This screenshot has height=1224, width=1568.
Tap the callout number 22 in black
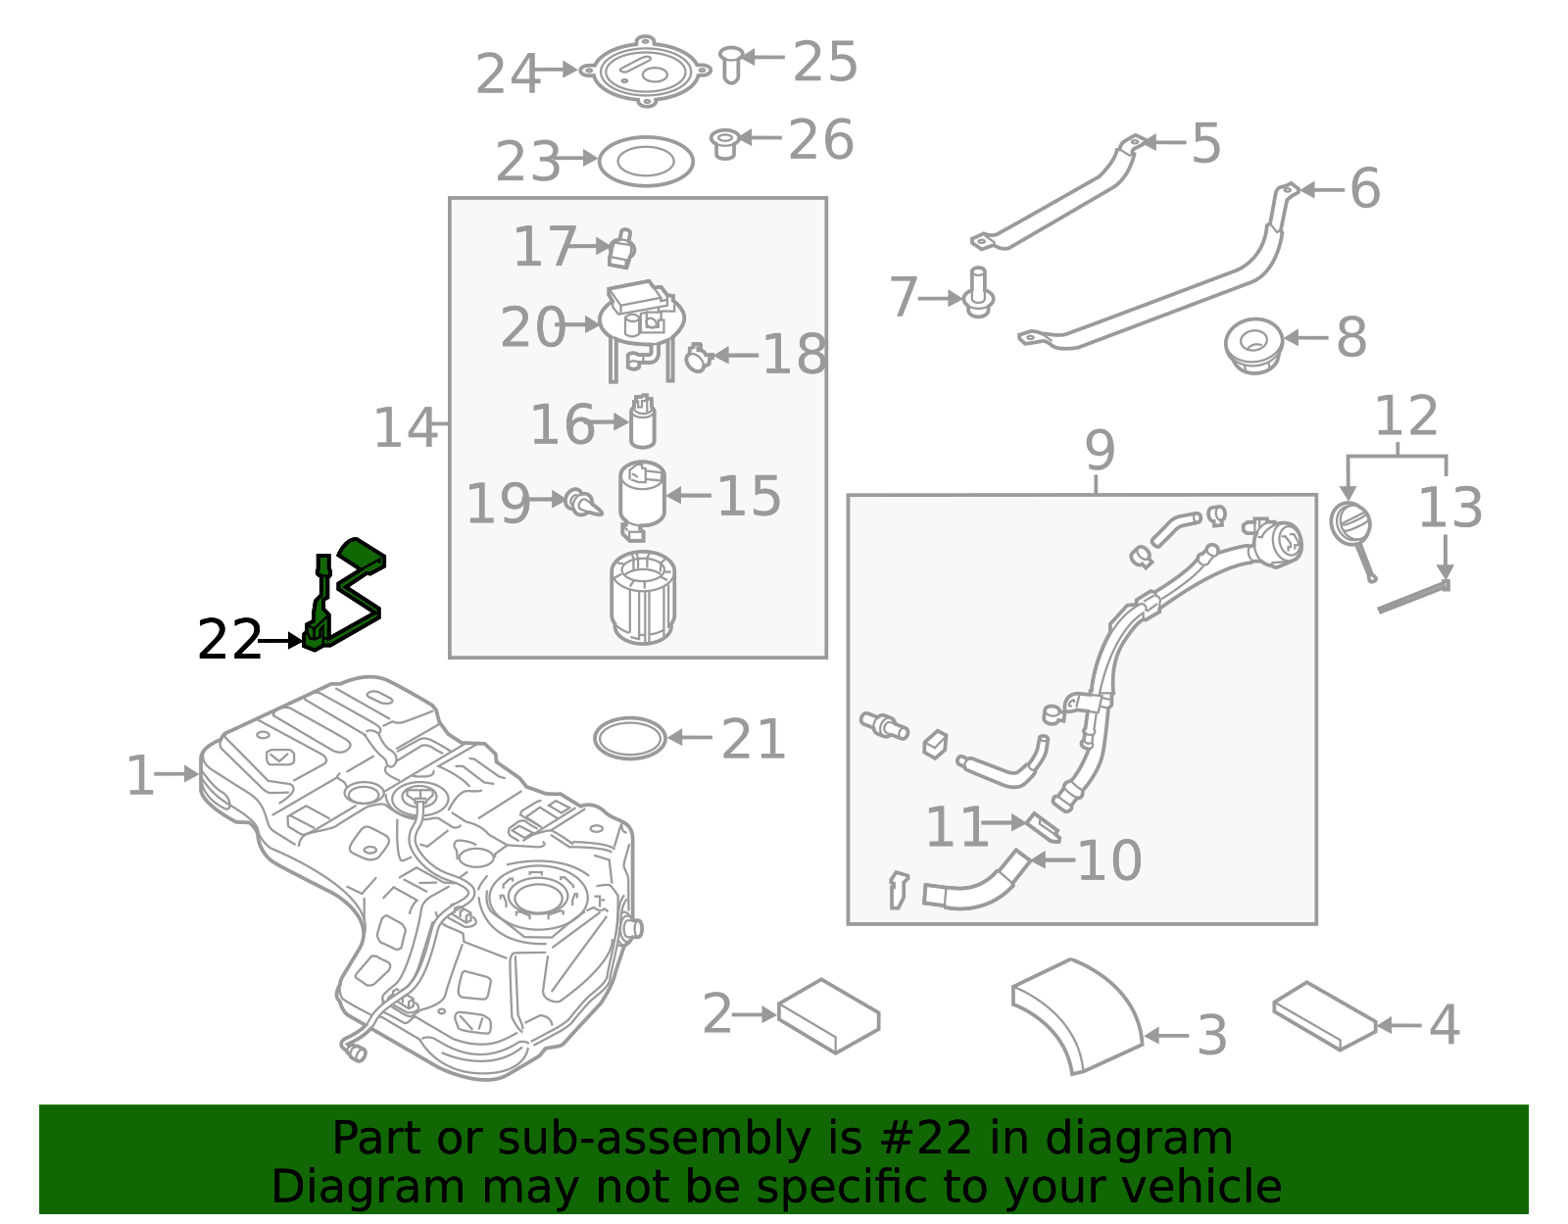[x=229, y=640]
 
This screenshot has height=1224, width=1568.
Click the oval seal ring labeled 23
[x=646, y=161]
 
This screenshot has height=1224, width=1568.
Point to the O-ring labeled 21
[x=630, y=738]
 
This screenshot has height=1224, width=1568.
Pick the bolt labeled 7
[x=979, y=294]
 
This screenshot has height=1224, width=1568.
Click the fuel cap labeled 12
[x=1350, y=524]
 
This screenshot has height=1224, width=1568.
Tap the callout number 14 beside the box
[x=404, y=428]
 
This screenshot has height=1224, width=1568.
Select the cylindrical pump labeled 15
[x=642, y=495]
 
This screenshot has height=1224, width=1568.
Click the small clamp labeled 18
[x=697, y=358]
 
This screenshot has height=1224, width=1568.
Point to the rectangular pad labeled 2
[x=829, y=1015]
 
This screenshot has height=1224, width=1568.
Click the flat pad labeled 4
[x=1324, y=1016]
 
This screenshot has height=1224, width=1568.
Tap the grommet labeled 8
[x=1253, y=344]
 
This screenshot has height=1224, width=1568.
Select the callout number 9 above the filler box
[x=1100, y=451]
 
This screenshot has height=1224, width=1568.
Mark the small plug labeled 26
[x=724, y=143]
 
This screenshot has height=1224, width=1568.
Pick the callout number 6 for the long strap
[x=1364, y=188]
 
